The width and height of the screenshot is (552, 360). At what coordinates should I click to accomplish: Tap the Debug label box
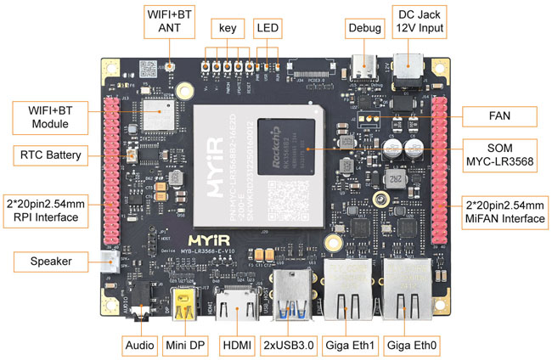(x=365, y=27)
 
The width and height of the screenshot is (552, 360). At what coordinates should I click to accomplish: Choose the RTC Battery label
(x=50, y=155)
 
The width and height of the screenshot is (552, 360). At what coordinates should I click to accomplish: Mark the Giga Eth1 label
(x=352, y=346)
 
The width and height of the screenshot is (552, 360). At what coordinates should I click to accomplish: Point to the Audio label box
(x=139, y=346)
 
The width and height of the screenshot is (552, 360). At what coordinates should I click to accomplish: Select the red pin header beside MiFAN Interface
(x=439, y=171)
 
